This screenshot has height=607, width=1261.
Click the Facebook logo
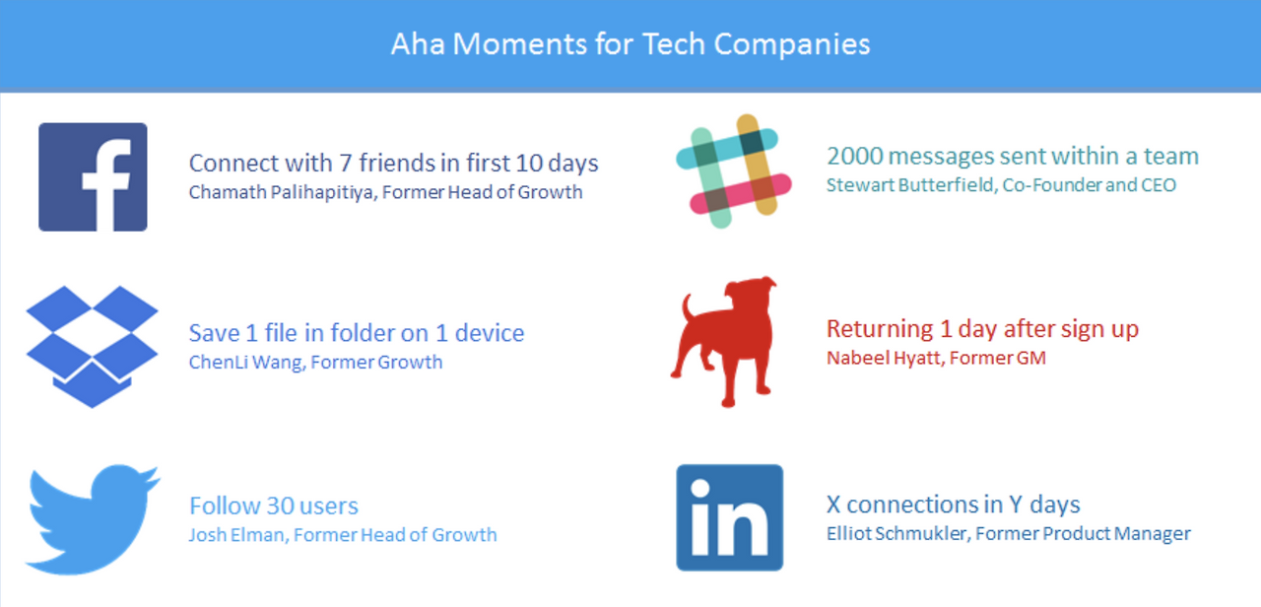tap(93, 176)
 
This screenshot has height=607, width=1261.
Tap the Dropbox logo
tap(92, 346)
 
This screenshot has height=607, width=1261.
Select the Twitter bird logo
tap(93, 519)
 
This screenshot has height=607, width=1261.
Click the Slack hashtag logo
tap(734, 171)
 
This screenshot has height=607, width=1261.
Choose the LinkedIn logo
tap(730, 517)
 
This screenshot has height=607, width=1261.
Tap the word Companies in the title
tap(792, 45)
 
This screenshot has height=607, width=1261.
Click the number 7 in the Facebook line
tap(345, 164)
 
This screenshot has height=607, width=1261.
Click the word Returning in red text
tap(880, 329)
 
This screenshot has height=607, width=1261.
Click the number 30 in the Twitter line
tap(280, 506)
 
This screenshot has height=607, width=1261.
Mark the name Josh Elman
tap(237, 535)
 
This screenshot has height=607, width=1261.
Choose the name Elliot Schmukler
tap(896, 534)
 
